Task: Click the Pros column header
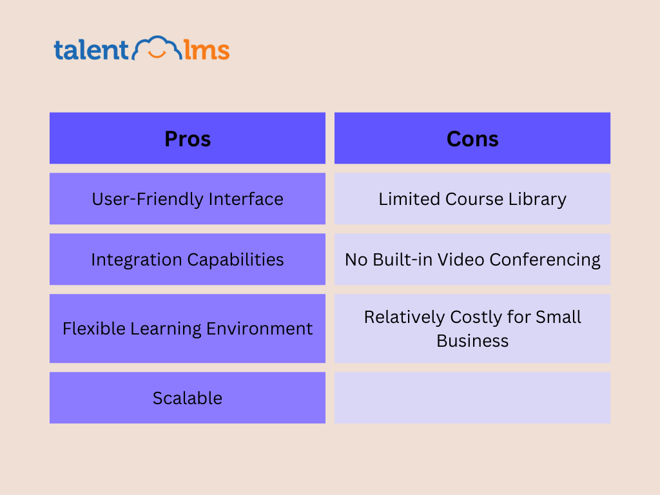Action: coord(188,138)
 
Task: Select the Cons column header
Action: coord(472,138)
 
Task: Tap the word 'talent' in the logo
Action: coord(91,50)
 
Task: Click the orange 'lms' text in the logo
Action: coord(207,50)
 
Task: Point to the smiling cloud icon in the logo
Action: coord(157,47)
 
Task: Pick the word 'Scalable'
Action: coord(188,398)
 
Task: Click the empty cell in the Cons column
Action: coord(472,398)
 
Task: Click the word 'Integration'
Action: coord(137,260)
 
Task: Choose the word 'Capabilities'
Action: coord(235,260)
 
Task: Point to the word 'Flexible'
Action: coord(94,328)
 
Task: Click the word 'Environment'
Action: coord(259,328)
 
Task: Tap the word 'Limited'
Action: coord(409,199)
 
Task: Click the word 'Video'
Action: coord(461,259)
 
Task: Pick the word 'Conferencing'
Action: coord(545,260)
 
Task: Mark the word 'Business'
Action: coord(472,340)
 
